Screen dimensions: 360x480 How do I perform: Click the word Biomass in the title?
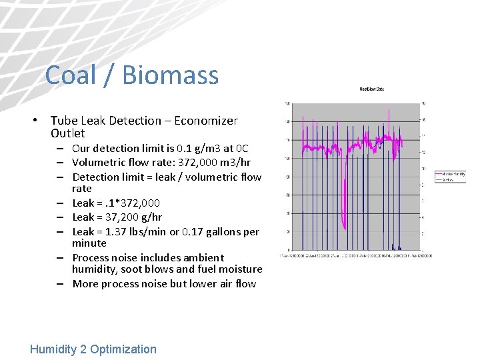[171, 75]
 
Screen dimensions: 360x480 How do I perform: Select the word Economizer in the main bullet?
[206, 121]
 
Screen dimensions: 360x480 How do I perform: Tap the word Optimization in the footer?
[123, 349]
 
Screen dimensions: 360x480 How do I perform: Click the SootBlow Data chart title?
[371, 89]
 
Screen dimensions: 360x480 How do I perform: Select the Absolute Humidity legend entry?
[451, 175]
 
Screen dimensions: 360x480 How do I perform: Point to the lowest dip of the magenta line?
[343, 224]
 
